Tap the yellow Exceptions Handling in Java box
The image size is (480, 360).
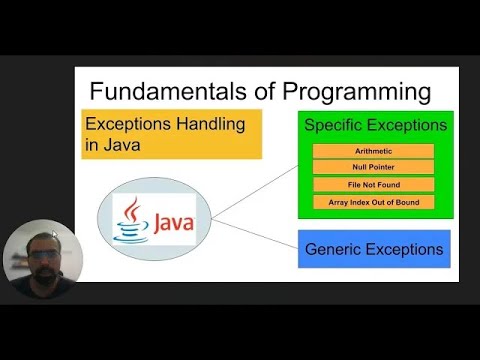tap(171, 135)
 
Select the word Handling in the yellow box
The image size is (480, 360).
tap(208, 126)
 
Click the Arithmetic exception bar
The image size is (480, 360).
tap(373, 151)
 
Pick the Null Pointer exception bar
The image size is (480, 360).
tap(373, 168)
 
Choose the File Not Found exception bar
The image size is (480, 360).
tap(373, 185)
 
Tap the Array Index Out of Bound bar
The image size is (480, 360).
tap(373, 202)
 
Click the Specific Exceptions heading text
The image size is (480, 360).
tap(375, 126)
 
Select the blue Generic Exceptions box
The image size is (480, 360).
tap(374, 248)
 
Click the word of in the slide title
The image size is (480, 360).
tap(250, 92)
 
